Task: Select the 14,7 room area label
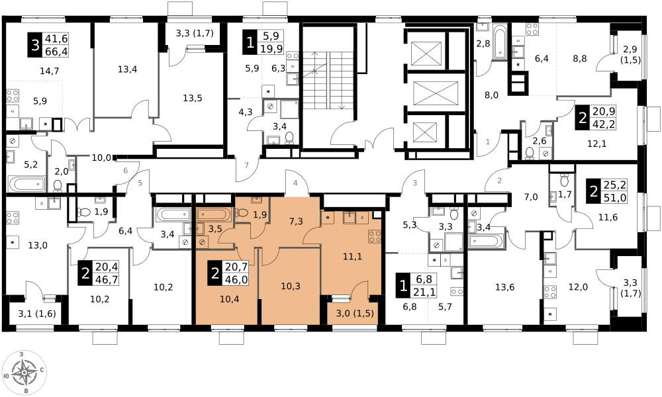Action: tap(49, 71)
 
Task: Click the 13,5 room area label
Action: tap(193, 99)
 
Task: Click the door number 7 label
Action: tap(246, 165)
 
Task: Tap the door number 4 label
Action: tap(295, 183)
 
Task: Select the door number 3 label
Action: tap(415, 183)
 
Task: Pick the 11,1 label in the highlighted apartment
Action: tap(352, 257)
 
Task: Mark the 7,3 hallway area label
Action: tap(296, 221)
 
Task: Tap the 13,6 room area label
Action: tap(505, 287)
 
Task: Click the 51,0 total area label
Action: tap(618, 198)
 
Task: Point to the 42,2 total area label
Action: tap(606, 124)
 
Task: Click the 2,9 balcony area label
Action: tap(631, 50)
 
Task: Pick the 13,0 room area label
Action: tap(38, 245)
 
